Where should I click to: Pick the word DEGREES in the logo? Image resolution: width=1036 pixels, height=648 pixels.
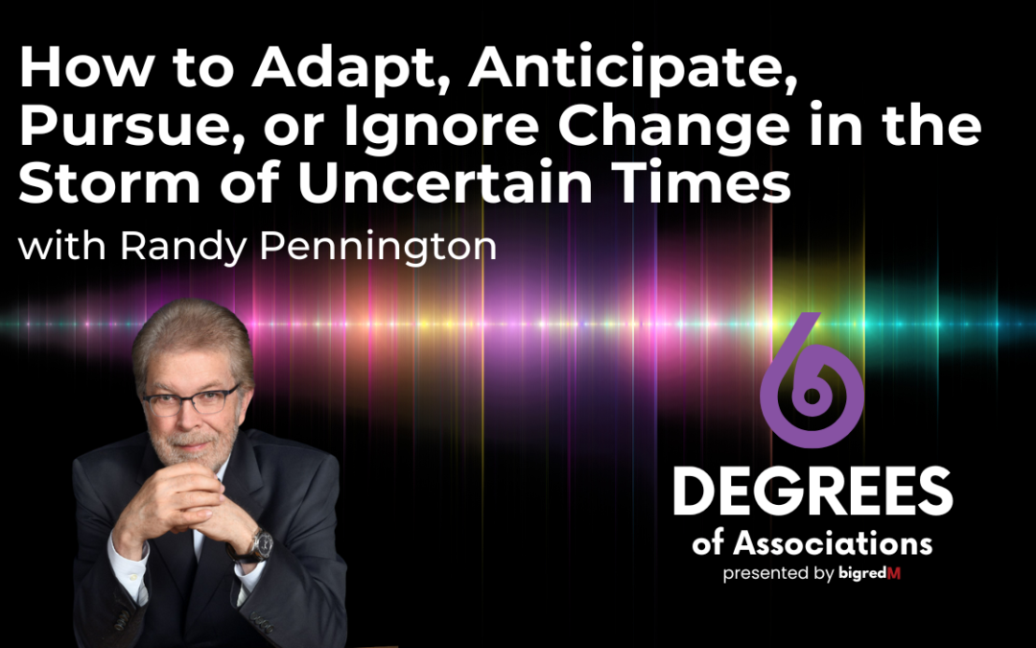[812, 493]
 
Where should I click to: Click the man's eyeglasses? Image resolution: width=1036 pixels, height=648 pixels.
[192, 399]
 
